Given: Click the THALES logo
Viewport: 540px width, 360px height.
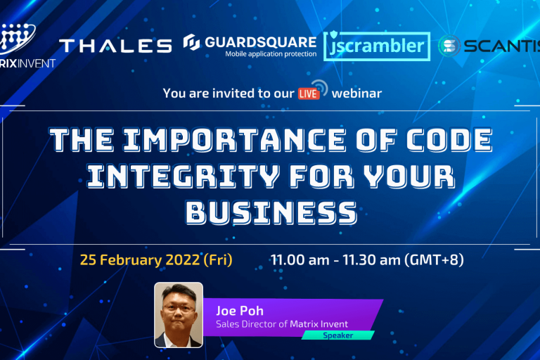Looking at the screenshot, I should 115,46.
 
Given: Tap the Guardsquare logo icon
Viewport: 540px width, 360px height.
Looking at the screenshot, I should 191,43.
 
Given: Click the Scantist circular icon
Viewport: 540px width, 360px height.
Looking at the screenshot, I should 449,46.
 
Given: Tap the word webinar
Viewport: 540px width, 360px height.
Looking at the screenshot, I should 357,92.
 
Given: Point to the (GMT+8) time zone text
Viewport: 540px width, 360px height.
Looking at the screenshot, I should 434,259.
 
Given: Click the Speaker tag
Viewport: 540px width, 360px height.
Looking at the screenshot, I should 337,335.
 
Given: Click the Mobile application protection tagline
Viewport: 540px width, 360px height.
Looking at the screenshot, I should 271,53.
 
